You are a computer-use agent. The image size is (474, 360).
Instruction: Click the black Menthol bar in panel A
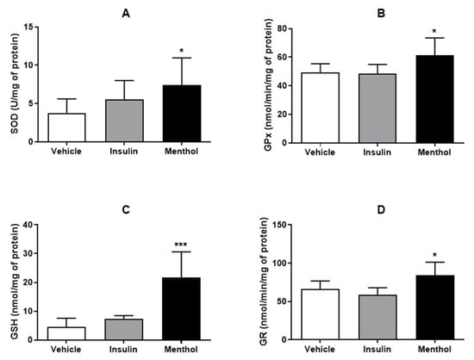(x=181, y=114)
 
